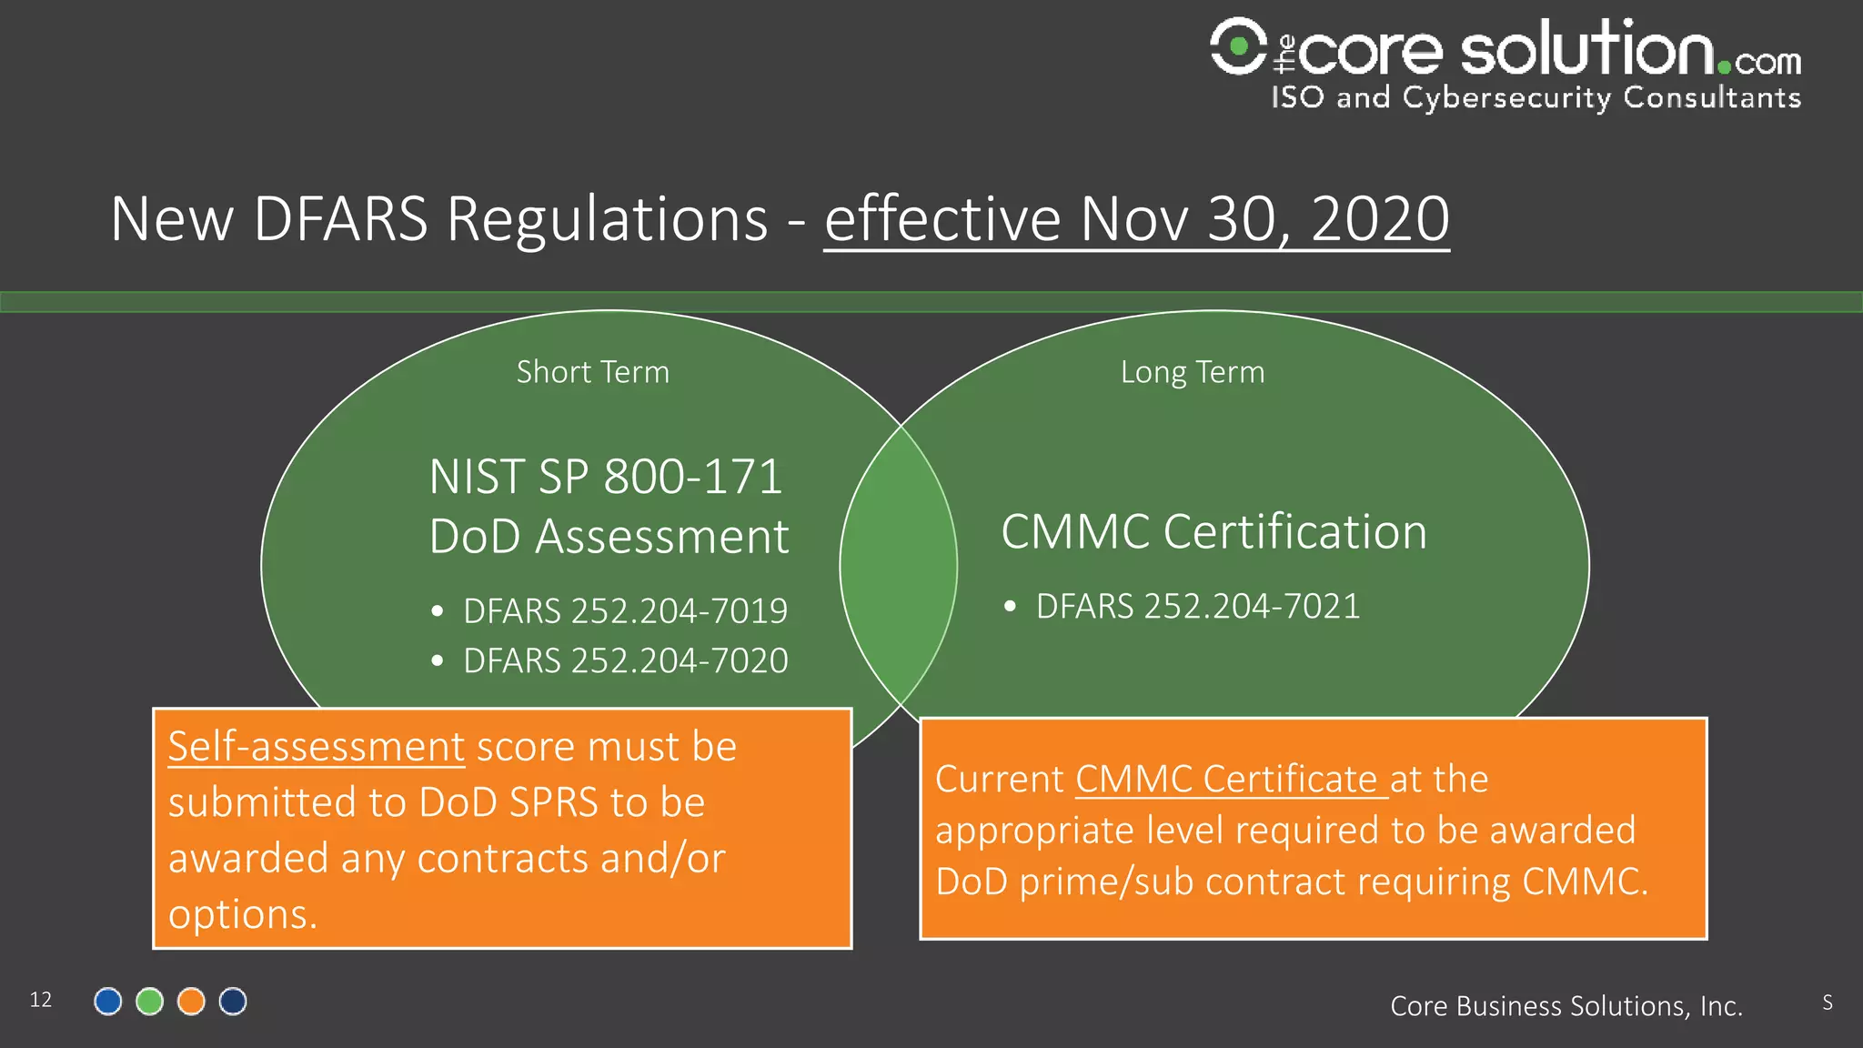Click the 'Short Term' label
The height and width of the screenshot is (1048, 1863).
click(x=592, y=372)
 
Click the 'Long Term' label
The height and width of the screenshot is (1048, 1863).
click(x=1192, y=372)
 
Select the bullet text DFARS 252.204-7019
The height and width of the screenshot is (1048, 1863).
click(x=625, y=611)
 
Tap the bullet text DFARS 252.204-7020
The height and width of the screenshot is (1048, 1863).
click(x=625, y=660)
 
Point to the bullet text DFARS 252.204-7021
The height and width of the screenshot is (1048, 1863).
click(x=1197, y=606)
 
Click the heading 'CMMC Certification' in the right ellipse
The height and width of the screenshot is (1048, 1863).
click(x=1213, y=532)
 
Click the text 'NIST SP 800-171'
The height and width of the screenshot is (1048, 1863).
click(x=605, y=477)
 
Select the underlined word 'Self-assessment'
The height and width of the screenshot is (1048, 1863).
click(x=316, y=747)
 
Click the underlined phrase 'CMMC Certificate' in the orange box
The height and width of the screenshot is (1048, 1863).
click(x=1225, y=780)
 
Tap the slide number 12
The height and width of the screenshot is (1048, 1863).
click(x=41, y=1000)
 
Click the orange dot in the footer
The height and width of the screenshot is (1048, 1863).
click(x=191, y=1002)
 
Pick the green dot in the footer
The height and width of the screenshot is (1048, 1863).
click(x=149, y=1002)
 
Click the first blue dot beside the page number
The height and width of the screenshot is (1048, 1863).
click(x=108, y=1002)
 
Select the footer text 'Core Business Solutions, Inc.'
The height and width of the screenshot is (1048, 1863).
click(x=1566, y=1006)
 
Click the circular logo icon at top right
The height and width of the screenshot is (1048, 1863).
click(x=1238, y=45)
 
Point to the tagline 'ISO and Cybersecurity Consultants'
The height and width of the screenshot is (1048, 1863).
click(x=1536, y=97)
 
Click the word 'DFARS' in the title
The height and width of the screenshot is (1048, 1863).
click(x=340, y=219)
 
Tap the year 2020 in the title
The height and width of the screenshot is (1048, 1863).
click(x=1379, y=219)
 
